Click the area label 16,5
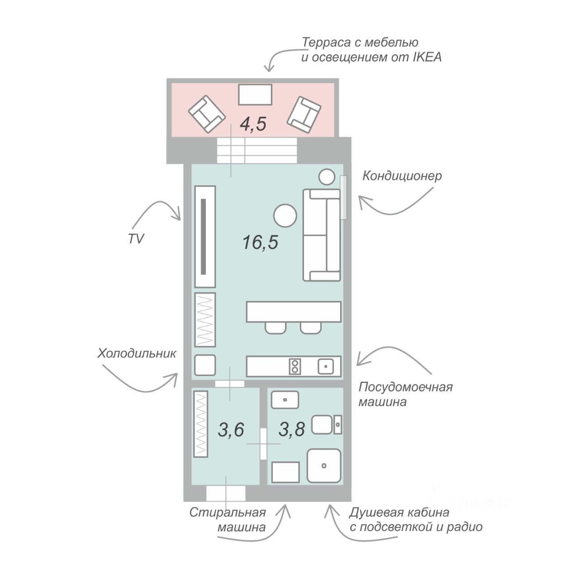pos(260,243)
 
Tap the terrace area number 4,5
pos(253,124)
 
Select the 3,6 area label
pos(231,429)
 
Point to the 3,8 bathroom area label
pos(291,429)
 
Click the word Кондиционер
pos(402,176)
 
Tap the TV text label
pos(136,239)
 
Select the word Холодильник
pos(137,353)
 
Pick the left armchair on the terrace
pos(206,114)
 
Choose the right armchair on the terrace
pos(304,115)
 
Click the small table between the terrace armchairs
pos(255,94)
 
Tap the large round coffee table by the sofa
pos(285,216)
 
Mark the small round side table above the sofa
pos(327,177)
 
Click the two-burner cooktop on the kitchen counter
pos(295,366)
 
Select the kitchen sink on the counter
pos(326,366)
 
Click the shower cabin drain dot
pos(324,465)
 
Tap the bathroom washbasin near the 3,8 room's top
pos(285,400)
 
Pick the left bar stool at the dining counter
pos(275,328)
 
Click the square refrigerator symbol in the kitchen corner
pos(204,365)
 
